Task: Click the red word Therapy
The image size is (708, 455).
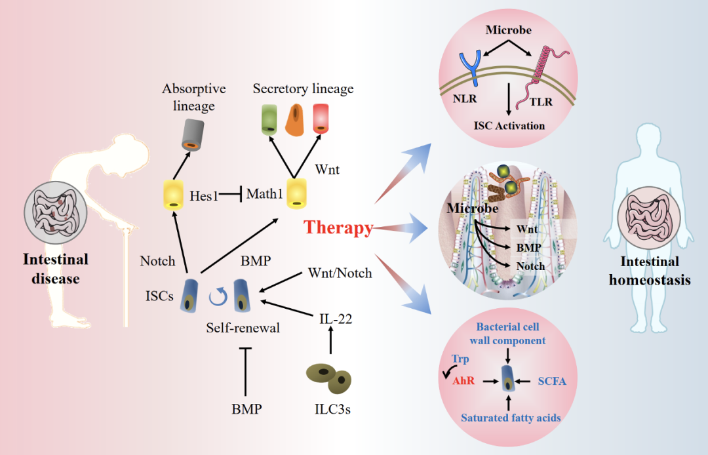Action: pos(338,227)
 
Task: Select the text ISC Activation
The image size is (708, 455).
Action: pos(509,125)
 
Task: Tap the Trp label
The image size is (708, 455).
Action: pos(460,359)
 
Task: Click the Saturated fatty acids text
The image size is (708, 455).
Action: pos(511,418)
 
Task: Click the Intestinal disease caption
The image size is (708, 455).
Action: pos(55,269)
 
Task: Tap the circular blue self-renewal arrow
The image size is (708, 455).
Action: pos(218,297)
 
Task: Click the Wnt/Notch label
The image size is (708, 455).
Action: pos(340,273)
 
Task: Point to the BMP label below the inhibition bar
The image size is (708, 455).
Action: pos(246,410)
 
